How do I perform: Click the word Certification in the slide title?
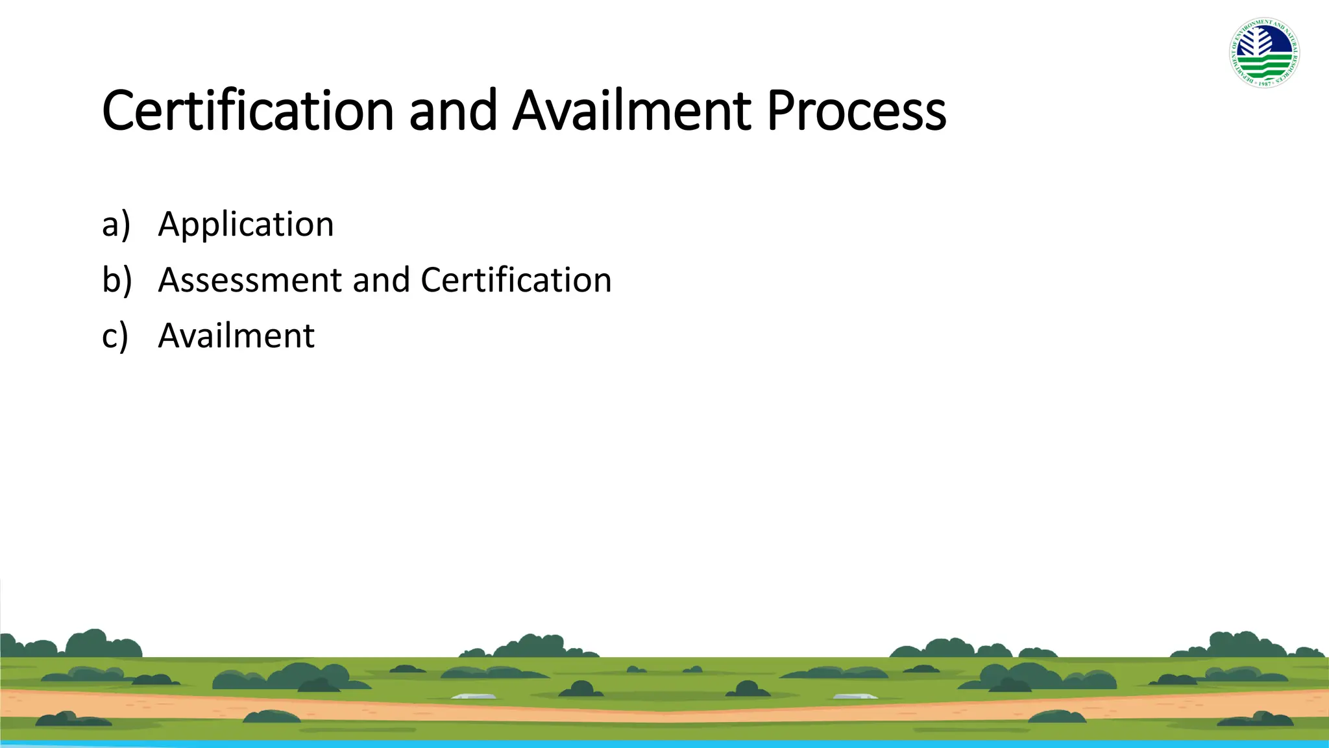248,111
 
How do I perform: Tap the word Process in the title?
856,111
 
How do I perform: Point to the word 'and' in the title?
453,111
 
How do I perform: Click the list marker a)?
116,225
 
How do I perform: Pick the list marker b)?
117,280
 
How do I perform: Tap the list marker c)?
116,336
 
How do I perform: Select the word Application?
246,225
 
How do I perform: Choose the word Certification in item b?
516,280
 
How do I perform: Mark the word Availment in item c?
236,336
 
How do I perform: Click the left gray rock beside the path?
474,697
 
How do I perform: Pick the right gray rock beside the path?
855,697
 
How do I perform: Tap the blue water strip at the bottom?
664,744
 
